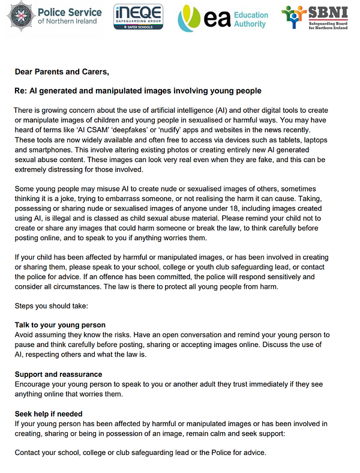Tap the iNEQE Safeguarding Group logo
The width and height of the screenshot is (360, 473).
coord(138,18)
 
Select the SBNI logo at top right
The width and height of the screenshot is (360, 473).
coord(319,19)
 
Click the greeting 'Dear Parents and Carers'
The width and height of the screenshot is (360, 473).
coord(62,72)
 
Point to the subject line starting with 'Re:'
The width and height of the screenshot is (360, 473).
coord(138,91)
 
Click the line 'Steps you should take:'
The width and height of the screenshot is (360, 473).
coord(51,306)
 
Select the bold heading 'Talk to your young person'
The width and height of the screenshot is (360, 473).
coord(60,325)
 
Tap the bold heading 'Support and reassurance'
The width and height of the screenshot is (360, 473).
coord(58,374)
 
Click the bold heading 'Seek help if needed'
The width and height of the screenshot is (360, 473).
coord(49,414)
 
